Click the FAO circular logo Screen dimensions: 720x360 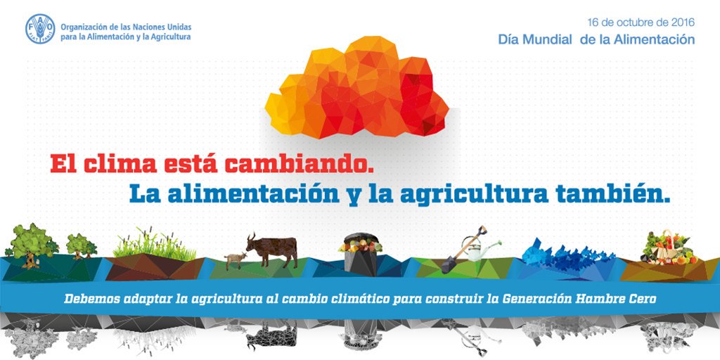(40, 29)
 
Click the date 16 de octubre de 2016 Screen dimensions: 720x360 (641, 22)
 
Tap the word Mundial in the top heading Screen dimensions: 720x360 (548, 39)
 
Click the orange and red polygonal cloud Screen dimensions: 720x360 (356, 88)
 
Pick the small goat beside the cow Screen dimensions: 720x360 (235, 260)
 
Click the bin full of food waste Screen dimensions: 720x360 (361, 255)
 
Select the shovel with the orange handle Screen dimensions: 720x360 (463, 250)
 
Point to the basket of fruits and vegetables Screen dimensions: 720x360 (669, 249)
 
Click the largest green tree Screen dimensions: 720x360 (31, 245)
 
